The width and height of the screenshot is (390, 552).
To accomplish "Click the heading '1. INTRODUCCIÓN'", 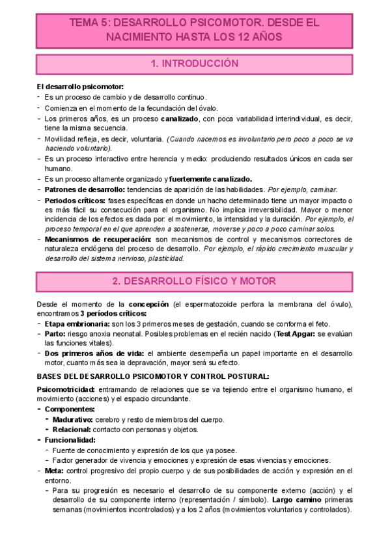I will point(194,64).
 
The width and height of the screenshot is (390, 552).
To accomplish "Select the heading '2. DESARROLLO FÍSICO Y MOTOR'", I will point(194,281).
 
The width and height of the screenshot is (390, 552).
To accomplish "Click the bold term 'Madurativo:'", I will point(74,419).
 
